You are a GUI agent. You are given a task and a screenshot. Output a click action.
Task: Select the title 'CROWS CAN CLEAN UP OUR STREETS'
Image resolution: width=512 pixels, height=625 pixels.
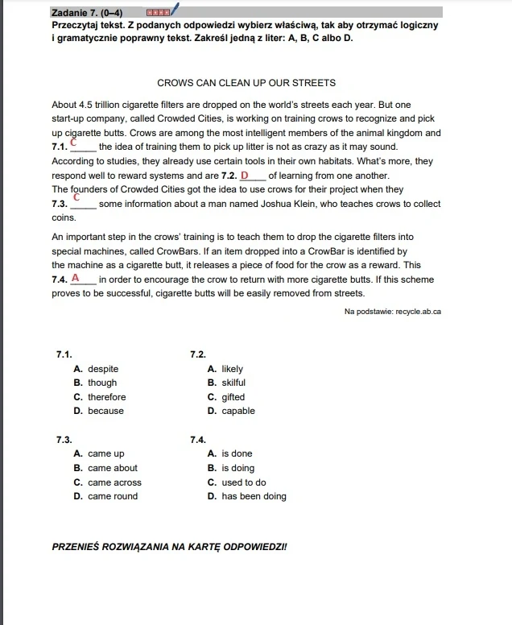246,83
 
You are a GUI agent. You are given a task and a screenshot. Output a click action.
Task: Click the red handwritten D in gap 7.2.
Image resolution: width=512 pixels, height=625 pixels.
245,175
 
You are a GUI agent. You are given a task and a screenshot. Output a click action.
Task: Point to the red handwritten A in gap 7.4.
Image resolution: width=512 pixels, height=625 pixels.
75,278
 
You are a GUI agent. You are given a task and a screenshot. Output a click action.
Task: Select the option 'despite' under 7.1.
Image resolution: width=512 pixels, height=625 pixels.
103,369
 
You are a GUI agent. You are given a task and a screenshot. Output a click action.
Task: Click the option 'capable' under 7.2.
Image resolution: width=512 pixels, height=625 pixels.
238,411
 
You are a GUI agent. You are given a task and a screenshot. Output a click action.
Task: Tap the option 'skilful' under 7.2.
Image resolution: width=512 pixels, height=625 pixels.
233,383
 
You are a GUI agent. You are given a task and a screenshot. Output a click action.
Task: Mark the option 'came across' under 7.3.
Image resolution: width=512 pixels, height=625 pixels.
114,482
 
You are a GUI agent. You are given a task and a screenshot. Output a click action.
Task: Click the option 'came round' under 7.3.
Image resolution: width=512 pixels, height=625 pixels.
113,496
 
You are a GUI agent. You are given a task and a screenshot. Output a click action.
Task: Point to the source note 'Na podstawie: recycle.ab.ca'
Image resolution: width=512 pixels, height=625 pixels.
392,312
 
